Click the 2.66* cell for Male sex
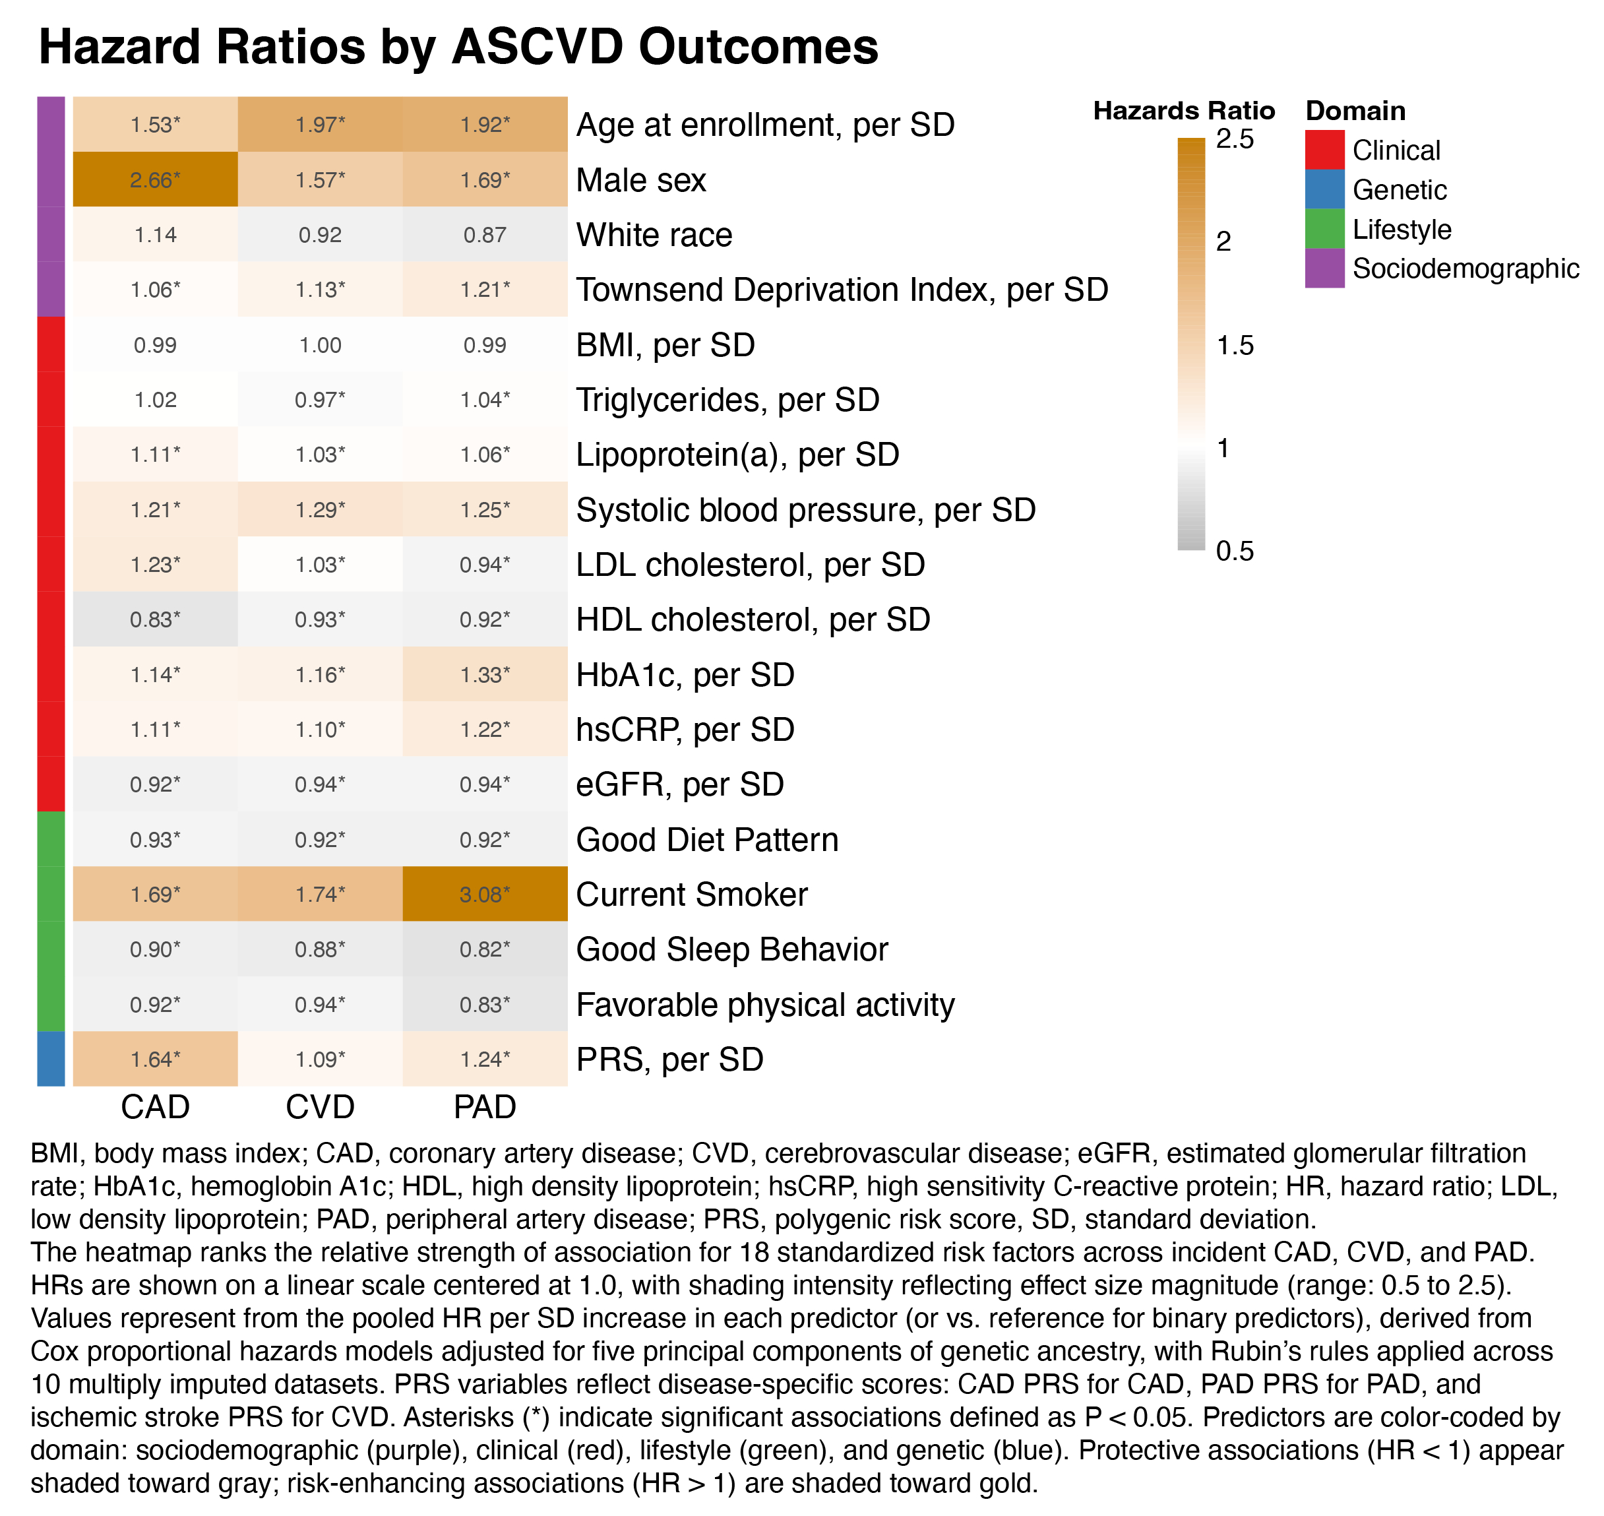point(155,179)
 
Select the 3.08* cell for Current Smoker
point(485,894)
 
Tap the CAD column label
point(155,1106)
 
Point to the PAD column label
point(485,1106)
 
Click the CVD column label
point(320,1106)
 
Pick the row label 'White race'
point(654,235)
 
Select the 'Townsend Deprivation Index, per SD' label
point(841,290)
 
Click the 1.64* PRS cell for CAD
point(155,1059)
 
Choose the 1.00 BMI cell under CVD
point(320,345)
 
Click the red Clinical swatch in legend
point(1324,150)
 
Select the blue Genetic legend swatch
point(1324,189)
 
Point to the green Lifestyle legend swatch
point(1324,229)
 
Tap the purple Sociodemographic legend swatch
point(1324,268)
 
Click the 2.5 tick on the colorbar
point(1235,139)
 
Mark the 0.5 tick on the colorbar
point(1235,551)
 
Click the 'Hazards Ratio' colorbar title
point(1183,111)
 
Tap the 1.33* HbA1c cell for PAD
point(485,675)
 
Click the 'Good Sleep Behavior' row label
point(731,949)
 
